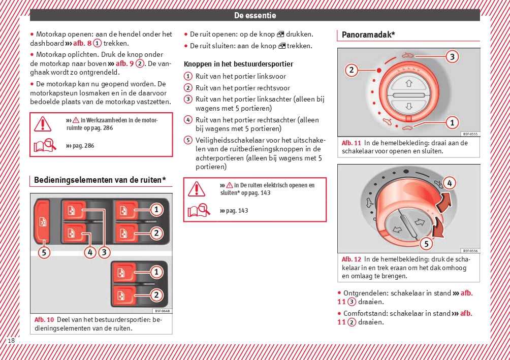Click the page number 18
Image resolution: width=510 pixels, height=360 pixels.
(x=11, y=340)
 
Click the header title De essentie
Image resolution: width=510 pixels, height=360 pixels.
(x=255, y=15)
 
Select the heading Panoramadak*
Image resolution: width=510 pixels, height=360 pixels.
(x=368, y=35)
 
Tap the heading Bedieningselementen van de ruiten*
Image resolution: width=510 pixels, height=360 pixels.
(x=100, y=180)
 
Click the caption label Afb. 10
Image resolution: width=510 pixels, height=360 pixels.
(x=44, y=320)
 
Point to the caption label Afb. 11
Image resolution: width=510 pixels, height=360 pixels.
(x=351, y=143)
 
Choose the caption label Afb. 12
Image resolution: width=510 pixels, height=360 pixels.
(x=351, y=259)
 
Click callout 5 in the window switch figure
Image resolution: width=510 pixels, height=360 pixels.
(x=44, y=252)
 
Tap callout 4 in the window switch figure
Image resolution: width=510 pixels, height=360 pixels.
(x=90, y=252)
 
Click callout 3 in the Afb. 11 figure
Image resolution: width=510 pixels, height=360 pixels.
(x=452, y=57)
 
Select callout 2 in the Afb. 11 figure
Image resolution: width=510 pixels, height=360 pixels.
(x=352, y=70)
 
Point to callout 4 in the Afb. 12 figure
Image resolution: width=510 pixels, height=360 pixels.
(x=449, y=183)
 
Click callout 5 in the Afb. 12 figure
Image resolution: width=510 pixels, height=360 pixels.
(x=426, y=244)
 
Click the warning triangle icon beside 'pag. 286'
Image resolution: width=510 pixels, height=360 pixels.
(x=43, y=123)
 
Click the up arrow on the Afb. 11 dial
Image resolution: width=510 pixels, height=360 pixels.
(x=409, y=83)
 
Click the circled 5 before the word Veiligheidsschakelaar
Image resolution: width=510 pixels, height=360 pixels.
(x=188, y=140)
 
